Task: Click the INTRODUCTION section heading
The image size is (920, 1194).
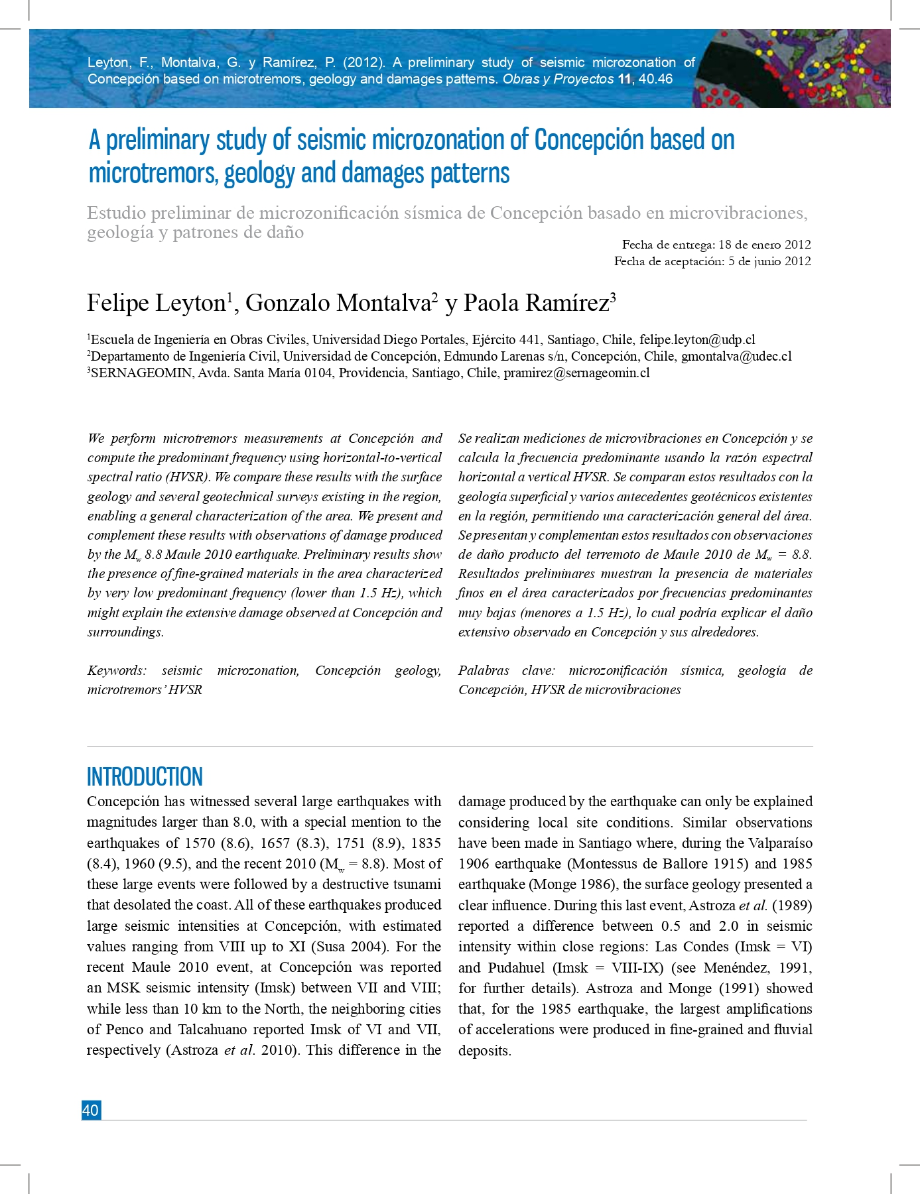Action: (145, 777)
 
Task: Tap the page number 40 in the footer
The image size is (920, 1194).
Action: (91, 1110)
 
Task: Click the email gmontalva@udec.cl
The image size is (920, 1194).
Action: (736, 356)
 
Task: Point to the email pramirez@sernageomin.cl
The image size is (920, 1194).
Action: (576, 373)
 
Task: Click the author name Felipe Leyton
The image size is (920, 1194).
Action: (157, 303)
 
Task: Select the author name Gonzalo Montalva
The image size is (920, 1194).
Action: (338, 303)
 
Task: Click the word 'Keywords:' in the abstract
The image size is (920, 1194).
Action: (117, 670)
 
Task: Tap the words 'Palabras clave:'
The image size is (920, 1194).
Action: (506, 670)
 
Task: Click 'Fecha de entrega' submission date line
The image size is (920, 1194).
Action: (716, 245)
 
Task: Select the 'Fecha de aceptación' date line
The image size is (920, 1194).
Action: (712, 261)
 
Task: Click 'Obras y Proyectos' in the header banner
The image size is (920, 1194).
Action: (558, 79)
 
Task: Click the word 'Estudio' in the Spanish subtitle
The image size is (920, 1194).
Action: (116, 213)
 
